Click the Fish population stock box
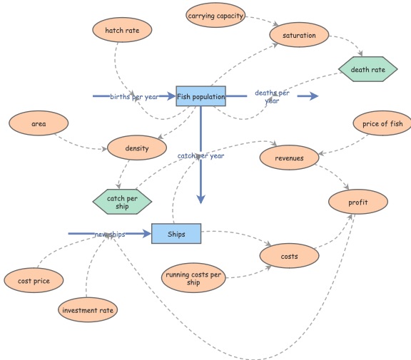pos(201,96)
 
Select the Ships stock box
pos(176,234)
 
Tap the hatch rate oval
pos(122,31)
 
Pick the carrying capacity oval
pos(216,15)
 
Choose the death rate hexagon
pos(367,70)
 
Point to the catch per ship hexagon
pos(123,202)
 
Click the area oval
pos(39,124)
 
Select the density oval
pos(136,148)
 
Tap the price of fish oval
pos(382,124)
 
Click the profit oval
pos(357,202)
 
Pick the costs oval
pos(289,255)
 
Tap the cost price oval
pos(34,281)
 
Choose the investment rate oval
pos(88,310)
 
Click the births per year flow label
pos(134,96)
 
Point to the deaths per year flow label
pos(272,97)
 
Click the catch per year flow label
pos(201,155)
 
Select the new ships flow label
pos(109,234)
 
